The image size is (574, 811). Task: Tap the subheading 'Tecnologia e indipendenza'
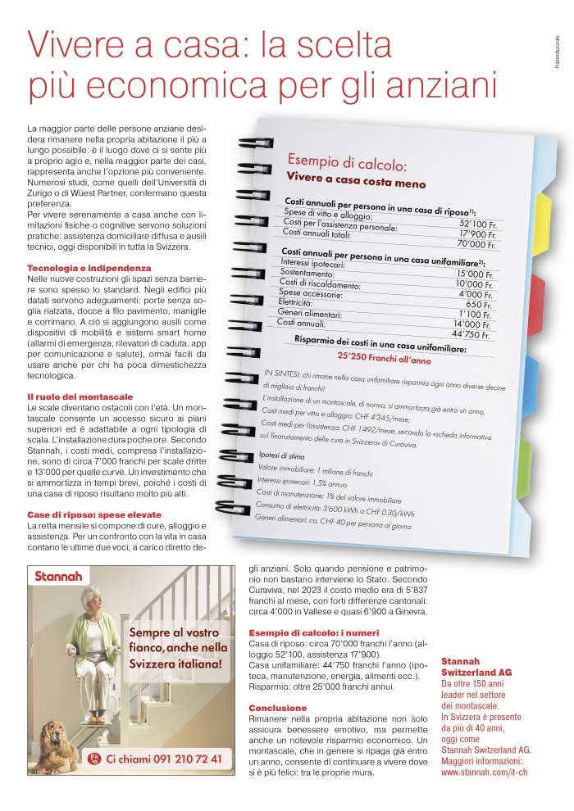pyautogui.click(x=89, y=268)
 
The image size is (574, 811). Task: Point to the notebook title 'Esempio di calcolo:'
pyautogui.click(x=347, y=161)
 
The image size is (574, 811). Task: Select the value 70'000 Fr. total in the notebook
pyautogui.click(x=476, y=243)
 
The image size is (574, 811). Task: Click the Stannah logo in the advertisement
pyautogui.click(x=58, y=576)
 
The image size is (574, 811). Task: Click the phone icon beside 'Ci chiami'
pyautogui.click(x=94, y=759)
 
